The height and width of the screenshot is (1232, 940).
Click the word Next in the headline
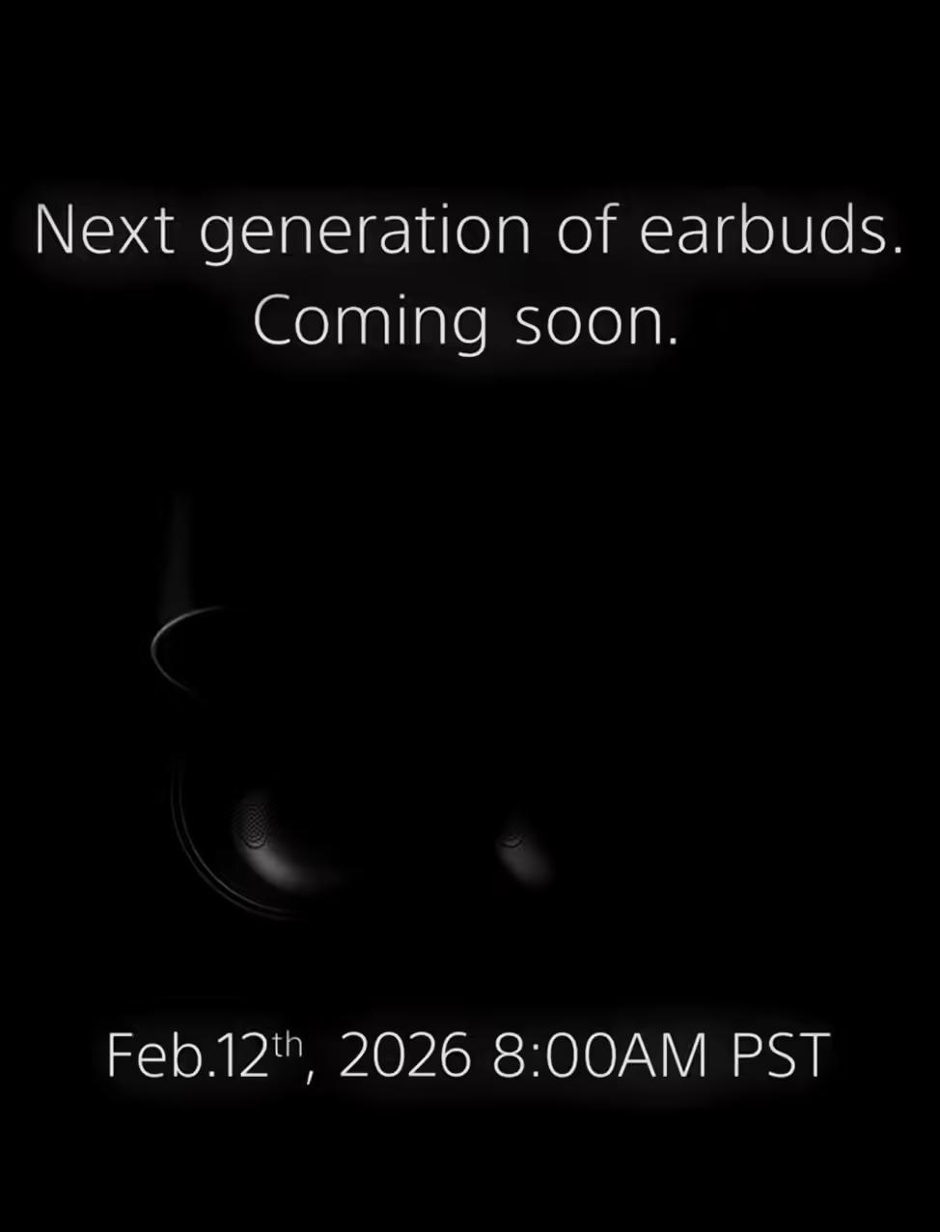105,231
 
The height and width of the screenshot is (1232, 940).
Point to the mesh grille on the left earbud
254,826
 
